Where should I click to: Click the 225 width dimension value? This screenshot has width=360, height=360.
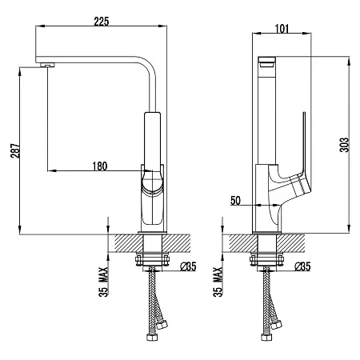coord(102,22)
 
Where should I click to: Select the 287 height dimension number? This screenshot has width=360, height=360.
coord(15,150)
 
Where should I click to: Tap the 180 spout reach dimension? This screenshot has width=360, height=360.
coord(100,166)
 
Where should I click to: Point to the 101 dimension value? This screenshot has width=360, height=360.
coord(282,29)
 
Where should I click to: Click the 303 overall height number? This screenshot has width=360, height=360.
coord(344,145)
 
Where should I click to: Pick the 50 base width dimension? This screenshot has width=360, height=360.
coord(235,201)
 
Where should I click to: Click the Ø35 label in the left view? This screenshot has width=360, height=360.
coord(188,266)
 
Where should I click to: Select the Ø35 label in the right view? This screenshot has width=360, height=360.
coord(302,266)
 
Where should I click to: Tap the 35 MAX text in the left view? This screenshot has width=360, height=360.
coord(103,282)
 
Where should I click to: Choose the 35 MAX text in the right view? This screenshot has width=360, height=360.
coord(218,282)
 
